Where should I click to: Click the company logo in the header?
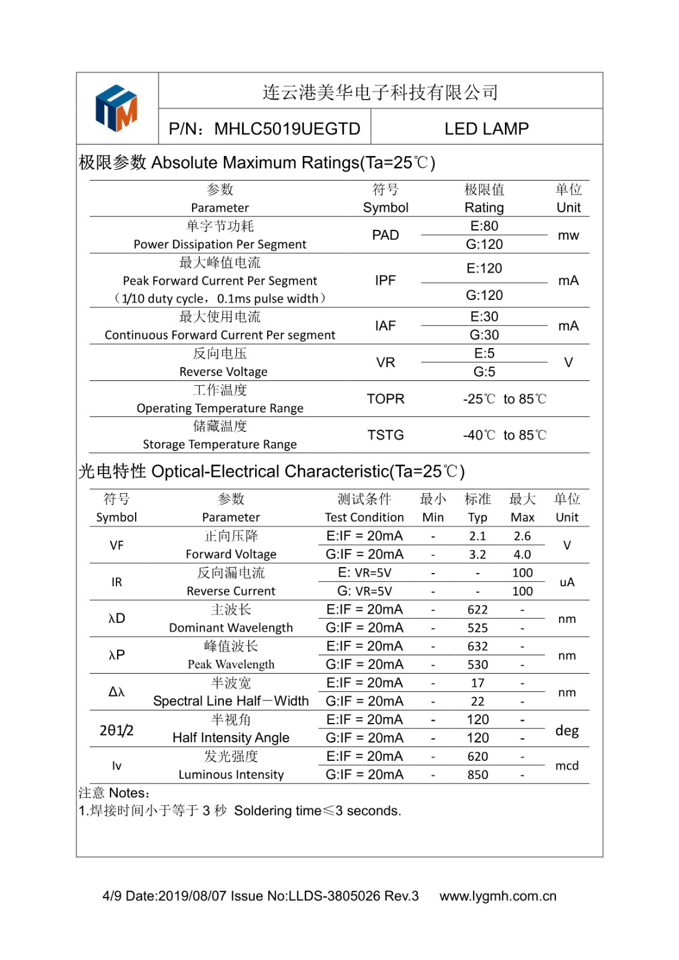point(116,108)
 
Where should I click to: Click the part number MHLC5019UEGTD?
point(287,129)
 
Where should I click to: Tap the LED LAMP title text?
point(486,129)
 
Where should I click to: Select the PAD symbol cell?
point(385,235)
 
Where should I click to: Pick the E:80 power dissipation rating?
point(484,226)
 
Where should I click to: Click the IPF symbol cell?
point(385,280)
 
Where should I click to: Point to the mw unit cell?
point(568,235)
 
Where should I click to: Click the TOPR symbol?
point(385,399)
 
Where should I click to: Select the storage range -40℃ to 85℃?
point(504,435)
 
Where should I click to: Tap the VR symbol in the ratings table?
point(385,362)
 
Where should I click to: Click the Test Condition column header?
point(364,517)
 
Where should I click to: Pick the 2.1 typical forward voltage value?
point(477,536)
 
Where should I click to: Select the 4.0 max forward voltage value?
point(522,554)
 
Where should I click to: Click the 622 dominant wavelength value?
point(477,610)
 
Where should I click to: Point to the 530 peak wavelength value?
point(477,664)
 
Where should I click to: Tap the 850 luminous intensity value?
point(477,775)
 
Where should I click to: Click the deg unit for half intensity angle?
point(567,730)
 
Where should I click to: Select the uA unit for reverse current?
point(567,582)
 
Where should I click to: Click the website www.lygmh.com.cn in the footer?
point(498,896)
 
